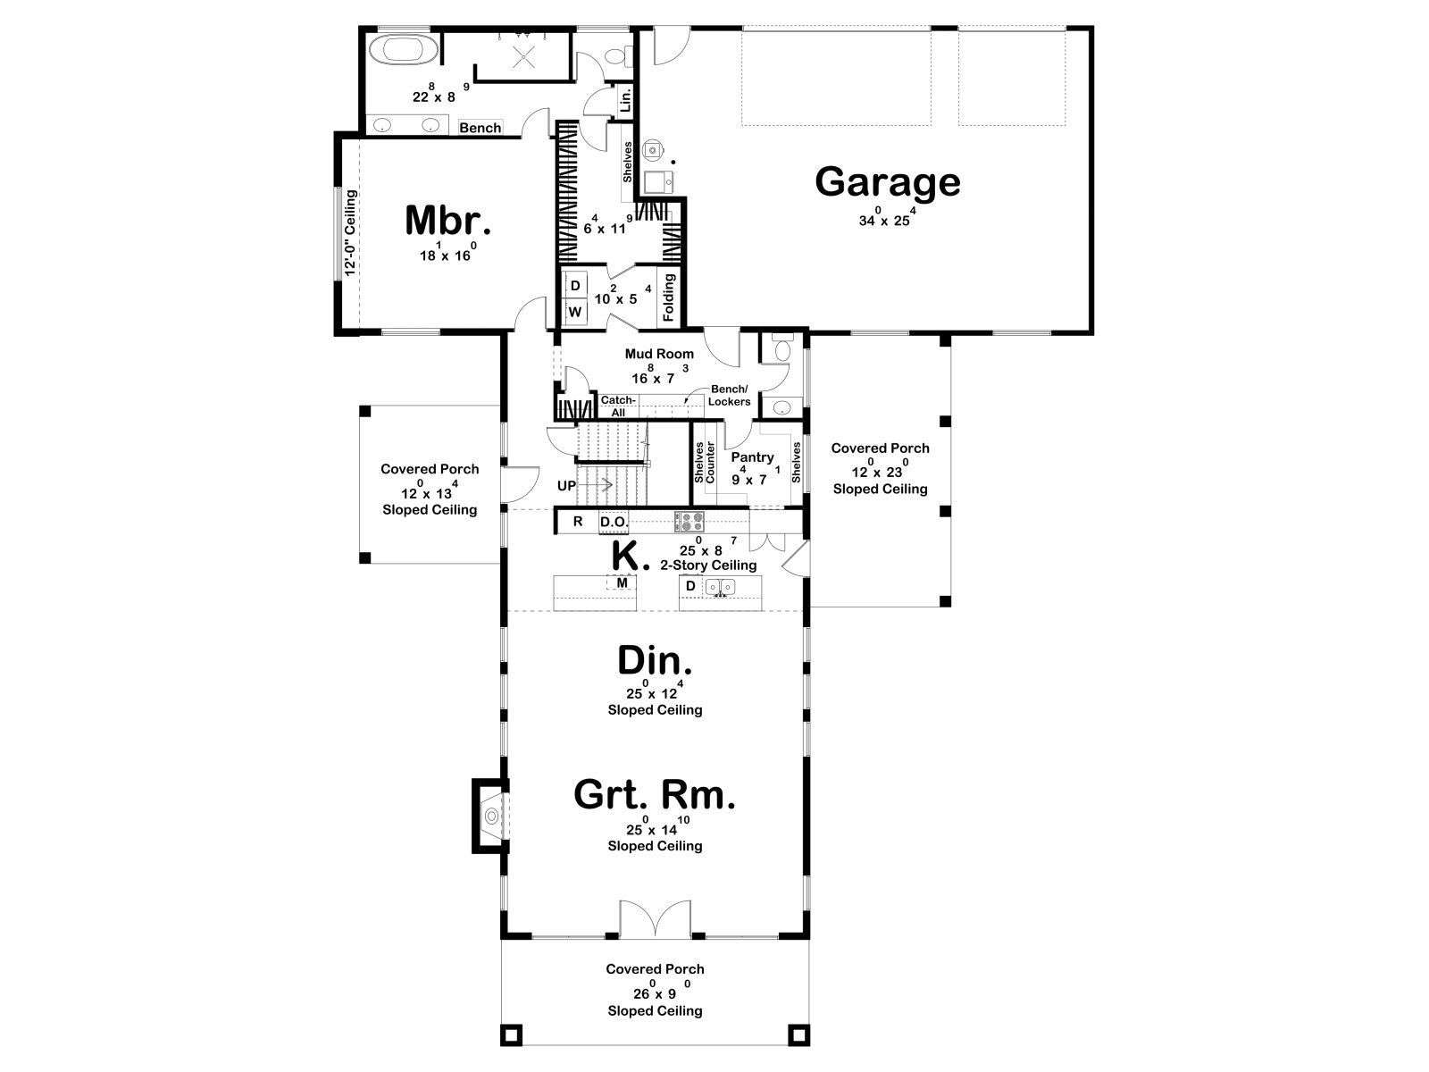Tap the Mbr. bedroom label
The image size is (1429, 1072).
[x=447, y=221]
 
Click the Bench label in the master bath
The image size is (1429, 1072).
[x=480, y=128]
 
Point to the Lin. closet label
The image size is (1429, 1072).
[x=625, y=100]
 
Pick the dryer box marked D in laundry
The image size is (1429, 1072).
[x=575, y=286]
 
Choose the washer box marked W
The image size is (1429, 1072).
[x=575, y=312]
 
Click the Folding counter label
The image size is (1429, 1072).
[x=669, y=297]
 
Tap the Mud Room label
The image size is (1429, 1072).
[x=659, y=354]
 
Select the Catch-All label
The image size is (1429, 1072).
[x=618, y=406]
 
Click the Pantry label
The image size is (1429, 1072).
[x=752, y=457]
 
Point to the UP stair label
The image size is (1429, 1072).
[x=566, y=486]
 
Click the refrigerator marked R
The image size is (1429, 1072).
[x=578, y=522]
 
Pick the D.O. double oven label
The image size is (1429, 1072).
[x=614, y=522]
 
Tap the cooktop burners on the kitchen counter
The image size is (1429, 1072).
[x=690, y=522]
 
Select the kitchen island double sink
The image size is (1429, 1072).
[x=721, y=587]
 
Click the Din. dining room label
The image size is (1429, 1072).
[x=655, y=661]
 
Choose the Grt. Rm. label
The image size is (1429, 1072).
[x=655, y=795]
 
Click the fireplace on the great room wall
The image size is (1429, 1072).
[x=491, y=816]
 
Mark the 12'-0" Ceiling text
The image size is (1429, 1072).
[x=351, y=232]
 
